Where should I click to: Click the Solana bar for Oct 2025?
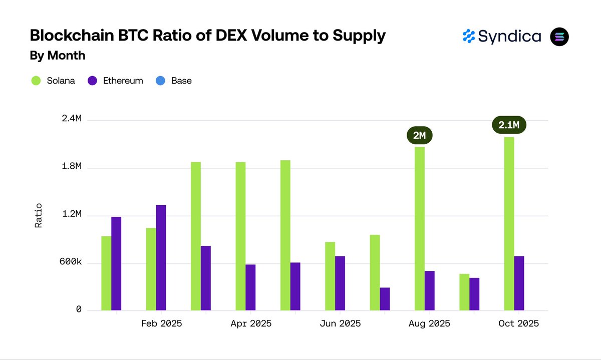(509, 223)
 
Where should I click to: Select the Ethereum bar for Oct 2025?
(519, 283)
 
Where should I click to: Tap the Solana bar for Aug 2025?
(419, 228)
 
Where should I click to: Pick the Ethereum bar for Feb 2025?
(161, 258)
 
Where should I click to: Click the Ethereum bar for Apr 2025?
(250, 287)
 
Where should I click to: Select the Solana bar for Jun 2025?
(330, 276)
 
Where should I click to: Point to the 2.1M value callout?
(509, 125)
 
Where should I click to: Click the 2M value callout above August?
(419, 135)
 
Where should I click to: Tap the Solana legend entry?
(53, 81)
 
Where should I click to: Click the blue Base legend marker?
(162, 81)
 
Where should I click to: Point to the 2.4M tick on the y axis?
(71, 119)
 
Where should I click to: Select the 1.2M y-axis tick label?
(71, 214)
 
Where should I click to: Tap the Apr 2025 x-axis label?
(251, 323)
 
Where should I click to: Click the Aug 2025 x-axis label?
(429, 323)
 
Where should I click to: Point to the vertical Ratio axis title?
(39, 215)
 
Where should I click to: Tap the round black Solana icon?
(559, 37)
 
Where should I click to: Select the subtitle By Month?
(58, 56)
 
